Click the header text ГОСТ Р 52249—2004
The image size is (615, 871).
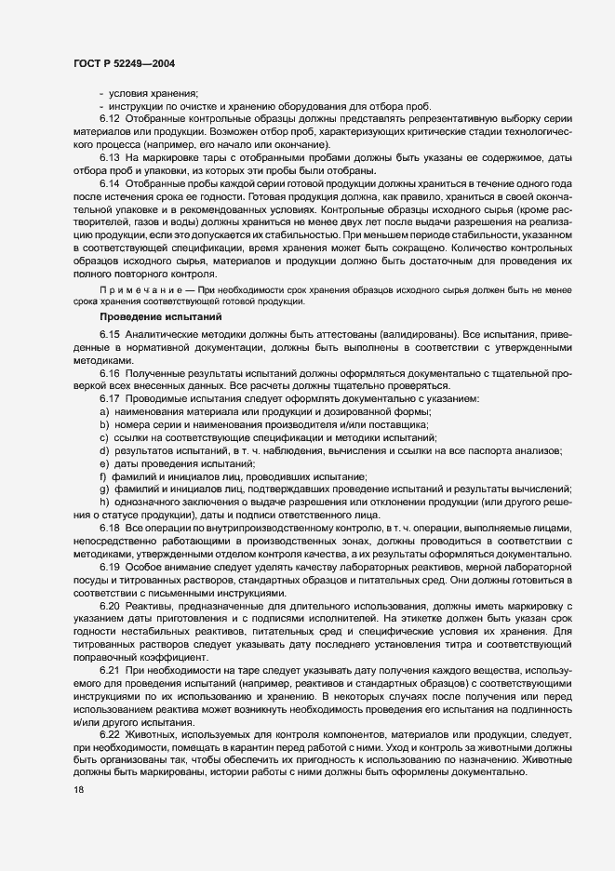[x=123, y=64]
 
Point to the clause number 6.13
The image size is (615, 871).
[x=110, y=158]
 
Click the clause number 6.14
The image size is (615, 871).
[x=110, y=184]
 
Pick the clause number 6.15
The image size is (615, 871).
[x=110, y=333]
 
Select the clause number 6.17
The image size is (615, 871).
[x=110, y=398]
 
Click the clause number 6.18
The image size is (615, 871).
[x=110, y=529]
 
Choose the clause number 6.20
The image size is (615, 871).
[x=110, y=607]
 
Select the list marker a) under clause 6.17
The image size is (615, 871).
[x=104, y=411]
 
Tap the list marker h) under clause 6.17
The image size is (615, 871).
[x=104, y=502]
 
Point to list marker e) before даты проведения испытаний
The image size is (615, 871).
[x=104, y=463]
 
